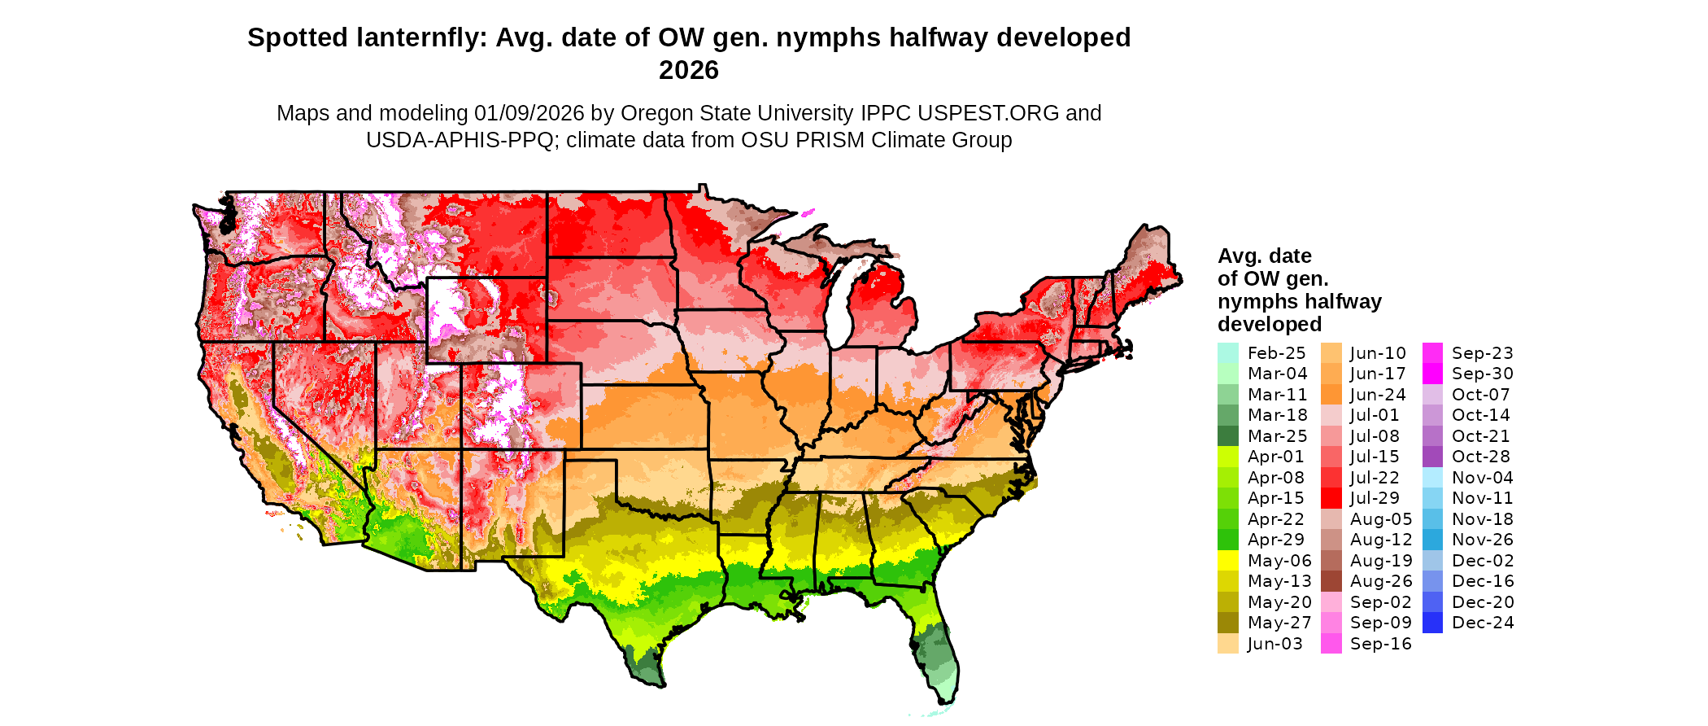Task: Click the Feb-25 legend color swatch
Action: pyautogui.click(x=1227, y=353)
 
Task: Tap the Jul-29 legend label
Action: pyautogui.click(x=1375, y=498)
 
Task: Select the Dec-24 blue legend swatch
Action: pyautogui.click(x=1433, y=623)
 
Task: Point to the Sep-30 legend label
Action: pyautogui.click(x=1482, y=374)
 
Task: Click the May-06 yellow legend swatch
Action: pyautogui.click(x=1227, y=561)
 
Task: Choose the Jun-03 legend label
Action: pyautogui.click(x=1274, y=644)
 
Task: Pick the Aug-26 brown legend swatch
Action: pyautogui.click(x=1331, y=581)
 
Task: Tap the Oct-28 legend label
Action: pyautogui.click(x=1480, y=457)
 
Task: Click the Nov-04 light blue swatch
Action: pyautogui.click(x=1433, y=478)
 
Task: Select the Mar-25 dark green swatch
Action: pyautogui.click(x=1227, y=436)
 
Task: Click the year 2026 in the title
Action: pyautogui.click(x=689, y=70)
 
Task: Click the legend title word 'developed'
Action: pyautogui.click(x=1269, y=324)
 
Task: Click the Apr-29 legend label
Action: pyautogui.click(x=1275, y=540)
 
